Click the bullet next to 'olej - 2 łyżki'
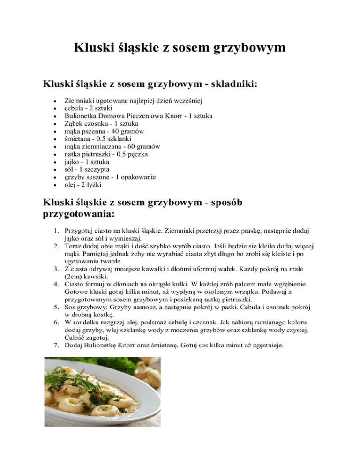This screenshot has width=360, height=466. click(56, 185)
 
